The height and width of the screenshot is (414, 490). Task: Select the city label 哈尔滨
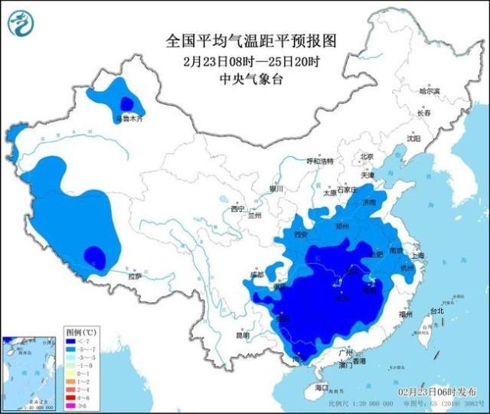point(430,91)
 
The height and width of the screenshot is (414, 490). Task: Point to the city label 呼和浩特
point(321,161)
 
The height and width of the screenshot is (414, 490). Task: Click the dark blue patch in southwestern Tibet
point(95,256)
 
